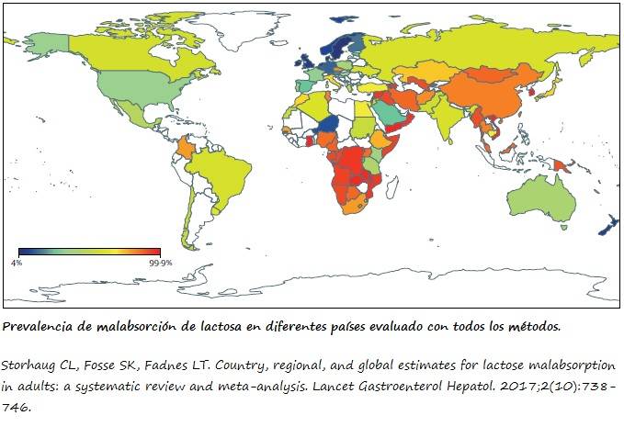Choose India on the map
pyautogui.click(x=448, y=118)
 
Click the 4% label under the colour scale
pyautogui.click(x=16, y=263)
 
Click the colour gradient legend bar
pyautogui.click(x=89, y=251)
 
